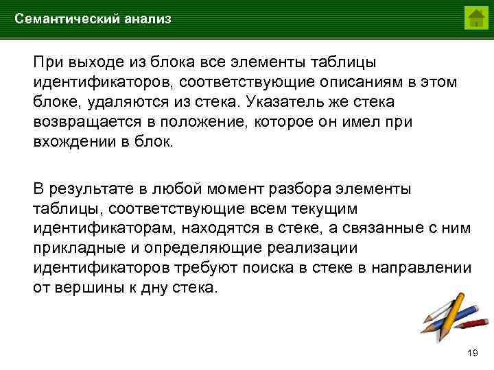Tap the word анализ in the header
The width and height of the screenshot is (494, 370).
[x=148, y=19]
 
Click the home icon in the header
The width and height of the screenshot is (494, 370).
[x=475, y=18]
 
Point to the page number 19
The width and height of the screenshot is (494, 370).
[x=471, y=353]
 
